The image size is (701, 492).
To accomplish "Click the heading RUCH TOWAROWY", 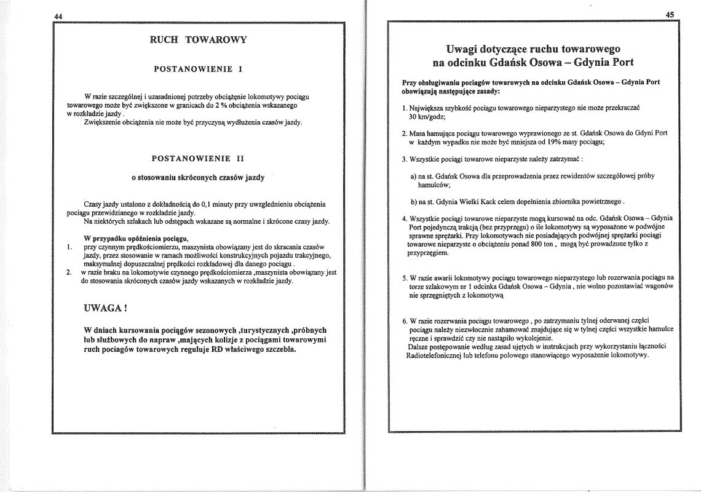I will (x=199, y=40).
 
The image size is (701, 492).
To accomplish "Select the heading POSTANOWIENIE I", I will (x=197, y=69).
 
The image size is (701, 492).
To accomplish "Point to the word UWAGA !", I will (x=105, y=307).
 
